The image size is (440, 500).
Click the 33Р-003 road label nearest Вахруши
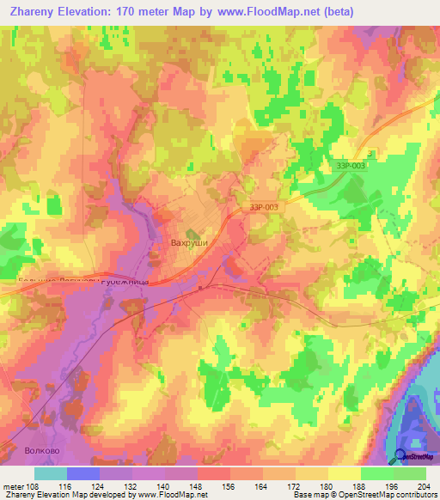click(x=264, y=207)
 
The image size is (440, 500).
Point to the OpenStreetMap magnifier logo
click(x=401, y=455)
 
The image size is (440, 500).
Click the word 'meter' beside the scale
click(x=13, y=487)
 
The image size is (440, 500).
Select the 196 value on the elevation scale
click(x=393, y=487)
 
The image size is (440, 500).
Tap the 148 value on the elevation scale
click(x=197, y=487)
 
